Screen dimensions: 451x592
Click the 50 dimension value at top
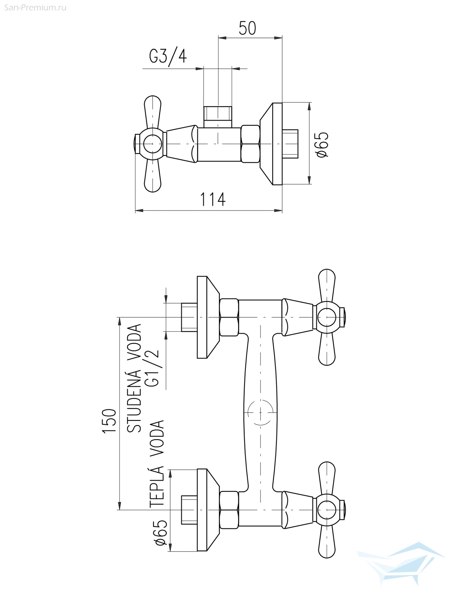[x=247, y=29]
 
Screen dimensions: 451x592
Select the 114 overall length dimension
[x=213, y=199]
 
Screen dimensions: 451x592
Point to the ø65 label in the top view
[x=322, y=144]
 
